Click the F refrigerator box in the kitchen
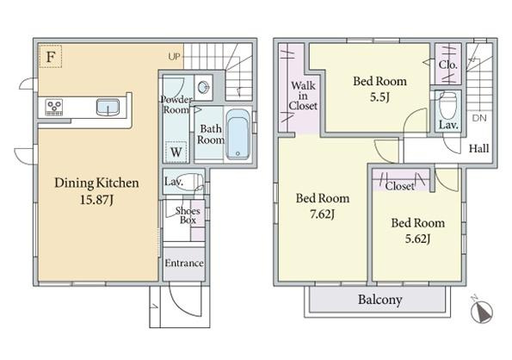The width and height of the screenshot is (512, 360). point(50,57)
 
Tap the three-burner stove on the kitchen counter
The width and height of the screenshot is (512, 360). point(54,108)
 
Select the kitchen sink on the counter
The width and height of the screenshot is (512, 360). point(108,108)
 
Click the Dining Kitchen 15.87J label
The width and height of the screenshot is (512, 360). point(96,191)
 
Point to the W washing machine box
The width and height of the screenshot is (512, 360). point(176,152)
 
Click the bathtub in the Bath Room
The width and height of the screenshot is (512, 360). point(237,134)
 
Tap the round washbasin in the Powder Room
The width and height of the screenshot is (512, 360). point(204,87)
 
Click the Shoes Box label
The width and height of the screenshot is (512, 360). point(188,215)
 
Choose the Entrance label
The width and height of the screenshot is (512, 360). point(184,263)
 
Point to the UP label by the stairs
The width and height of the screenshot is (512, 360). point(174,57)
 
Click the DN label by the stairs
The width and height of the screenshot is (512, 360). point(479,118)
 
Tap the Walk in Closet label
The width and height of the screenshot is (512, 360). point(303,96)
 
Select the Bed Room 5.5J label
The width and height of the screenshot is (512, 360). point(379,89)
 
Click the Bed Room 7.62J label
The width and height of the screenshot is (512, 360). point(323,206)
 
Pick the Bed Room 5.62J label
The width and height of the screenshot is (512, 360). point(418,231)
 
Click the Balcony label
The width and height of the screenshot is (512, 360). point(380,300)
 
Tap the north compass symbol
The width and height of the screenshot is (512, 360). point(482,311)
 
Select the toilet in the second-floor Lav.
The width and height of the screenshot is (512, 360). point(448,106)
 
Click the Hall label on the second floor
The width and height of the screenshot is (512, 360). point(479,149)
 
